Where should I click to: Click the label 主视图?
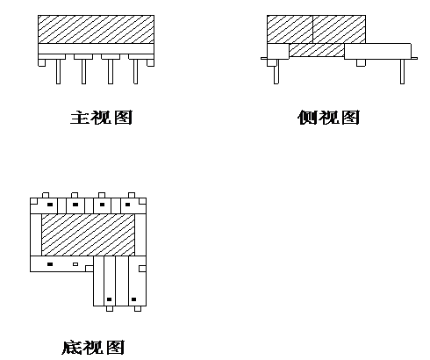pos(101,117)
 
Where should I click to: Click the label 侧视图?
pos(328,117)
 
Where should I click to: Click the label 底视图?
pos(93,347)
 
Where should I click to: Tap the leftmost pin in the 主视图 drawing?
pos(58,72)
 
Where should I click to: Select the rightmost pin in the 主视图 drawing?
pos(135,72)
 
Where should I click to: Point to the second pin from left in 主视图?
pos(83,72)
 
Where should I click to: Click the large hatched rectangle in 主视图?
pos(96,29)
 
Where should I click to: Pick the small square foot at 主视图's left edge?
pos(42,63)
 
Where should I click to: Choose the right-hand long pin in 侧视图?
pos(403,72)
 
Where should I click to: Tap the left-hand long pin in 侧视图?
pos(276,72)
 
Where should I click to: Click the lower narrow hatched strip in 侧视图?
pos(317,50)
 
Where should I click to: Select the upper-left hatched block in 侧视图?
pos(290,29)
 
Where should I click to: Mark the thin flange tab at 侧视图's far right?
pos(414,58)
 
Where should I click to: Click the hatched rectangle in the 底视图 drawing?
pos(88,234)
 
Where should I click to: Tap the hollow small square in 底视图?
pos(75,264)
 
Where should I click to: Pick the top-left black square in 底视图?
pos(50,205)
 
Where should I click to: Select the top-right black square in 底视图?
pos(127,205)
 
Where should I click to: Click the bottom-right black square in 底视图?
pos(133,299)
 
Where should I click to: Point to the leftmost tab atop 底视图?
pos(46,195)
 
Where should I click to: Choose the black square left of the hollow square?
pos(50,264)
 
